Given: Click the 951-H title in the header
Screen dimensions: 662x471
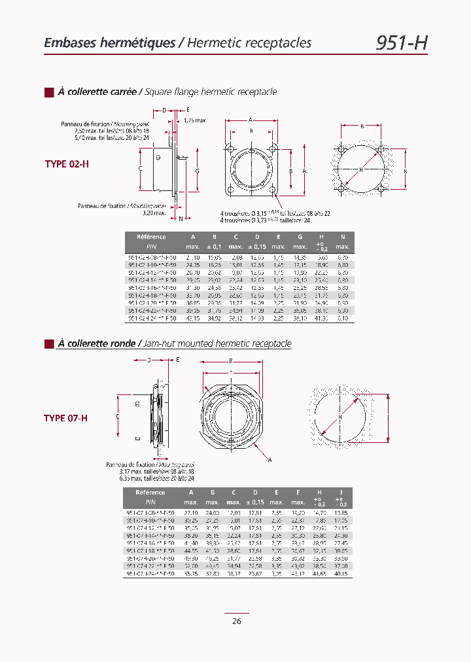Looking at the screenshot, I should point(401,43).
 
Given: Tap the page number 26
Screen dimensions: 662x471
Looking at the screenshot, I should point(236,621).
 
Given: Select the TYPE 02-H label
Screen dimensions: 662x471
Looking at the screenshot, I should point(66,164).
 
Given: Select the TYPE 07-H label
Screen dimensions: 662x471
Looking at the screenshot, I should point(65,418).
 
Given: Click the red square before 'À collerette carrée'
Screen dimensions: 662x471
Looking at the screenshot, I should point(48,92).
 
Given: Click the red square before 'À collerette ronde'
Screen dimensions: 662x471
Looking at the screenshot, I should point(48,343).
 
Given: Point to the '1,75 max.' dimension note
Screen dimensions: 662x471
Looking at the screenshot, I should point(195,120).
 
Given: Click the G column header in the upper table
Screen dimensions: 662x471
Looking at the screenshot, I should point(300,237).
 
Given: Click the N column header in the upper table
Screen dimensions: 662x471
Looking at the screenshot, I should point(343,237).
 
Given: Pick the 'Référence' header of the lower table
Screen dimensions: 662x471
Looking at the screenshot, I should point(150,492).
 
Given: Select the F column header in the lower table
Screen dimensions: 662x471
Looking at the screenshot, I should point(298,492).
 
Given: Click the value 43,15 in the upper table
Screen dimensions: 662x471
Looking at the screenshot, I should point(193,319).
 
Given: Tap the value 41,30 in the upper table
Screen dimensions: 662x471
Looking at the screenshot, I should point(321,319).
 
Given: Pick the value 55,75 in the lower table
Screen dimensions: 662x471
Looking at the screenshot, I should point(192,573).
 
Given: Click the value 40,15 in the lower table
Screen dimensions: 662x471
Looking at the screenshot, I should point(341,573).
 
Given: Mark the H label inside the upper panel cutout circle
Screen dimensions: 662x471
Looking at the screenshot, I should point(360,169).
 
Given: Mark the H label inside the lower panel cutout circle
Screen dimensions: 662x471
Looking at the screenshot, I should point(340,417).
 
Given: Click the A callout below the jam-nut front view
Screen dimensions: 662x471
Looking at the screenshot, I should point(270,460).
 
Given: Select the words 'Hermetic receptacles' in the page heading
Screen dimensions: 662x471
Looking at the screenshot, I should point(249,43).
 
